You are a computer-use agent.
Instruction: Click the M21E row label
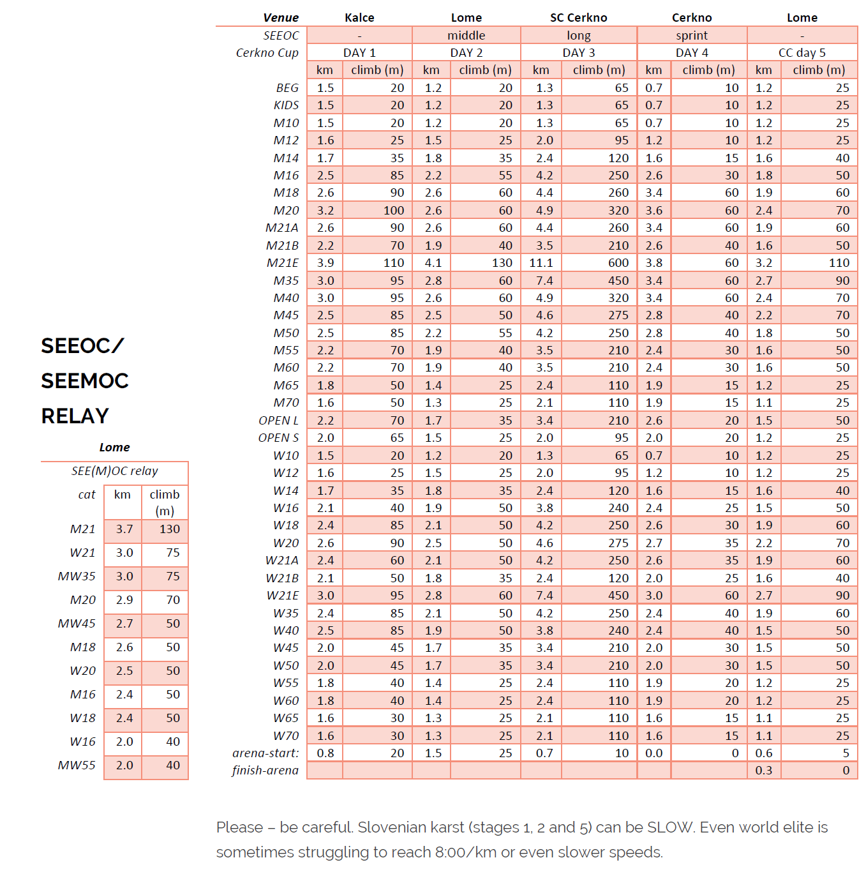pyautogui.click(x=282, y=263)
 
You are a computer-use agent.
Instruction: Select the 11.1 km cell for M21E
pyautogui.click(x=541, y=263)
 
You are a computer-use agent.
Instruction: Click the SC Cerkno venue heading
pyautogui.click(x=578, y=18)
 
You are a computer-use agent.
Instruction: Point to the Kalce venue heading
pyautogui.click(x=359, y=18)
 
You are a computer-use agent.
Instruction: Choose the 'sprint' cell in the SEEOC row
pyautogui.click(x=692, y=36)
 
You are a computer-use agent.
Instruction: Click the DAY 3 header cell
pyautogui.click(x=578, y=53)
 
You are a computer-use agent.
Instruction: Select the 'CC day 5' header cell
pyautogui.click(x=802, y=53)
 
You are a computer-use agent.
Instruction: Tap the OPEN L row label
pyautogui.click(x=278, y=421)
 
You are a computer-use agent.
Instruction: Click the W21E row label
pyautogui.click(x=282, y=596)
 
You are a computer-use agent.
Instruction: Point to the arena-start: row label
pyautogui.click(x=265, y=753)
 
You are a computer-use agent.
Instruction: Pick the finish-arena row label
pyautogui.click(x=265, y=771)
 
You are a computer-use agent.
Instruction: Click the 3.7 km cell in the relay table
pyautogui.click(x=124, y=529)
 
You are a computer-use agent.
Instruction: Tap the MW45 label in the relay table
pyautogui.click(x=77, y=624)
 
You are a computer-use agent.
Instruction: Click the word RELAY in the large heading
pyautogui.click(x=75, y=416)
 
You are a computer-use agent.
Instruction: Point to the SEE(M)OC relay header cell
pyautogui.click(x=115, y=471)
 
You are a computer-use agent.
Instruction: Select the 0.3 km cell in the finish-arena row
pyautogui.click(x=764, y=771)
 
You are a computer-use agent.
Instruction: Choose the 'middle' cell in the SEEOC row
pyautogui.click(x=466, y=36)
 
